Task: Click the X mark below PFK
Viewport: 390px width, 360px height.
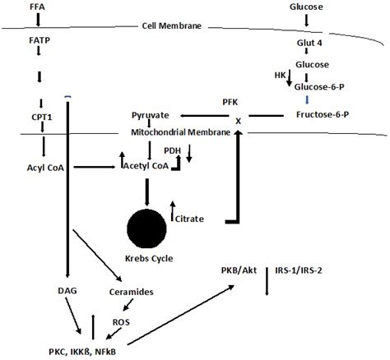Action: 239,119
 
